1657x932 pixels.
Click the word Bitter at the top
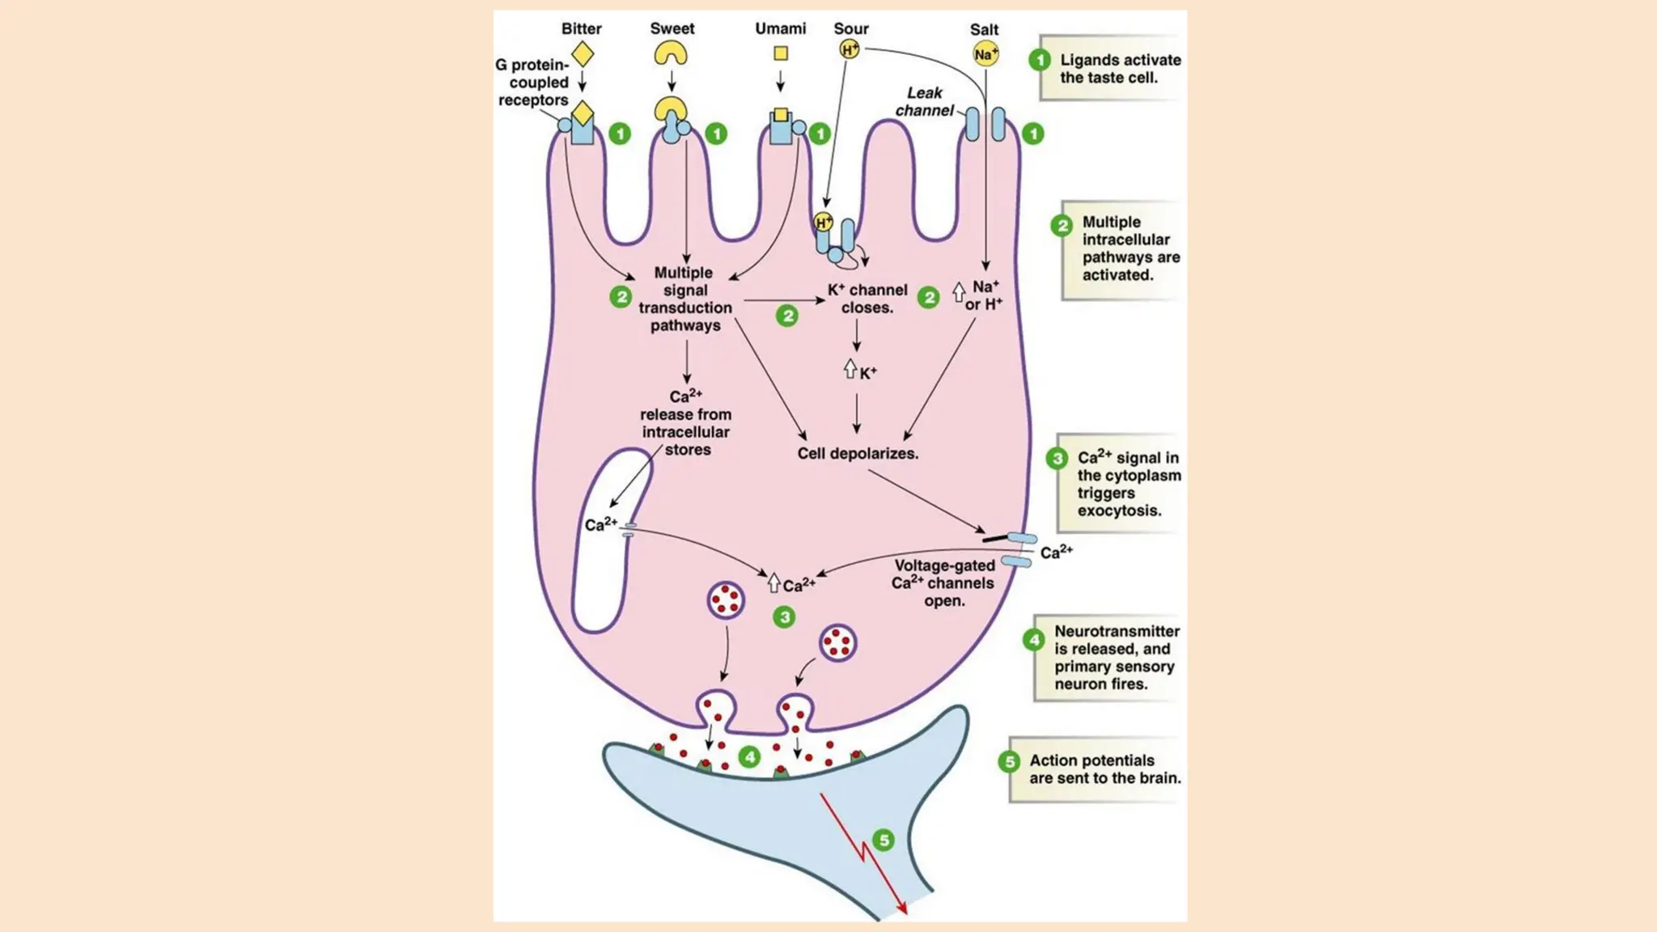581,29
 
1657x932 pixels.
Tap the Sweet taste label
672,29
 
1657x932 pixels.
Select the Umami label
780,29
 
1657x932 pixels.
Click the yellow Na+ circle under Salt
985,55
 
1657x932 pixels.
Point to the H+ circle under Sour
850,50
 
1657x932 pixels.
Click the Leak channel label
924,102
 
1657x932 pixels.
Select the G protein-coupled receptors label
534,83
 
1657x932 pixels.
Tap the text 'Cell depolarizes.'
858,454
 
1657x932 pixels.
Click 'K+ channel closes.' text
867,299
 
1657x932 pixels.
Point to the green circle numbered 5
884,840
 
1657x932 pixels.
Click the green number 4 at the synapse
750,757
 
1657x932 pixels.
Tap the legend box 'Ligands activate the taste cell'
1108,69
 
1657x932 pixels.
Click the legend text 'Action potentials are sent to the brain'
1104,769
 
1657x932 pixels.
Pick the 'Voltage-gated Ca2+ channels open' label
943,583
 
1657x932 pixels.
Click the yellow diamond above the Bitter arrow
583,55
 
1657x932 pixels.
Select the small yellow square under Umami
781,53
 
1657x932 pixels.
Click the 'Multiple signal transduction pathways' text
685,299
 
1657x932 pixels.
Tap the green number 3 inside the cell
784,617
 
